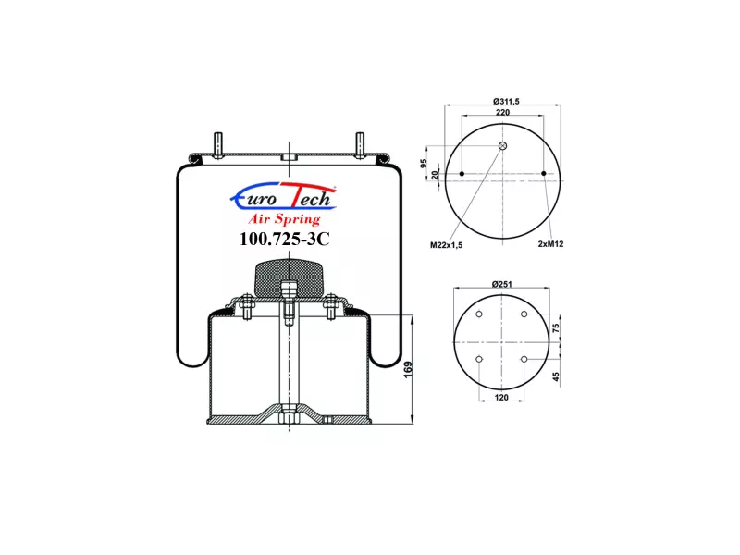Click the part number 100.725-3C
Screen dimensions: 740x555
(284, 240)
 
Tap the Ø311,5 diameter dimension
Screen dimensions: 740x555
(506, 101)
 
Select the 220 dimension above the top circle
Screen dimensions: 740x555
(502, 112)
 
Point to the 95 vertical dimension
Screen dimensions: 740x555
(424, 163)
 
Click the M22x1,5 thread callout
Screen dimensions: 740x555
(446, 245)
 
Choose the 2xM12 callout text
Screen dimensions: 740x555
(550, 244)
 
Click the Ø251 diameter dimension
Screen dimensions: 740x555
(501, 284)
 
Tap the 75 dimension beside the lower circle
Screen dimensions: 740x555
(556, 327)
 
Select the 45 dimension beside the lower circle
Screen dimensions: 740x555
(556, 376)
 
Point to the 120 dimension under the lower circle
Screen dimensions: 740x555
(501, 398)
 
